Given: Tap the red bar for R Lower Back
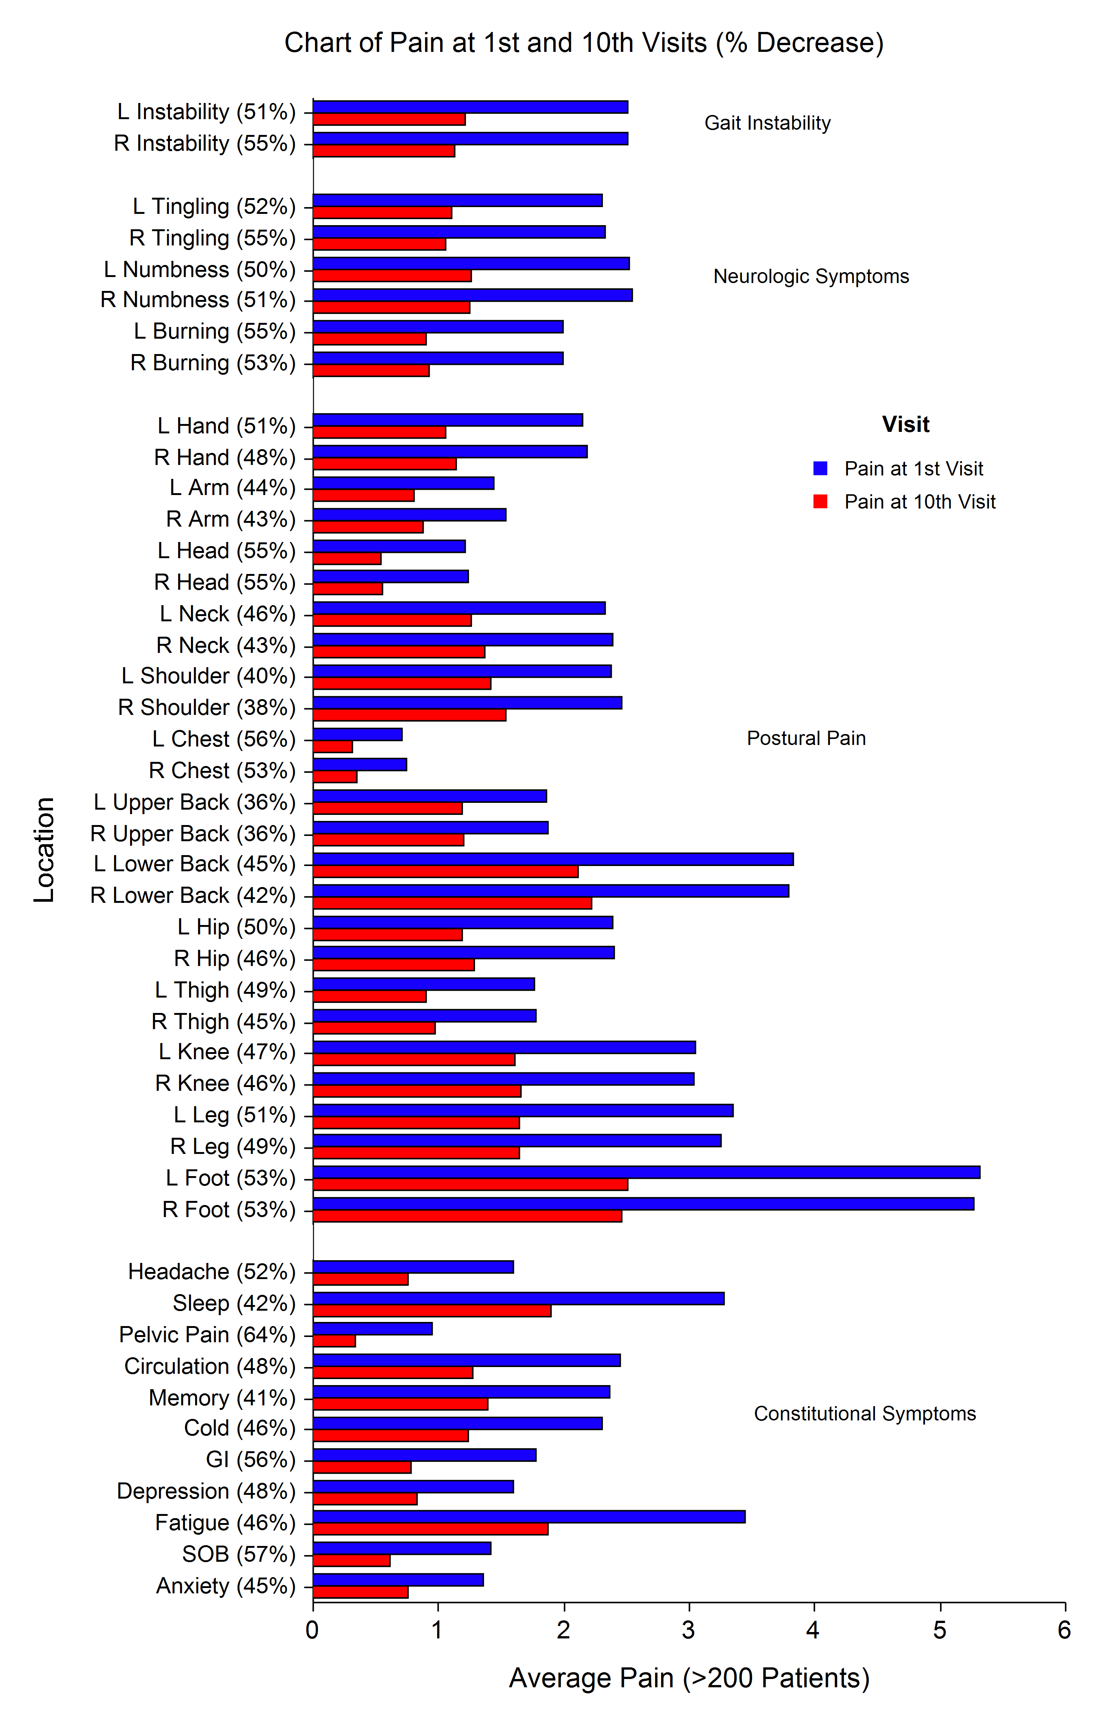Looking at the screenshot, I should (x=453, y=903).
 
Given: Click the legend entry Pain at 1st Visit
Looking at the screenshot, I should (x=913, y=469).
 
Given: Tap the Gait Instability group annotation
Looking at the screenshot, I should (x=767, y=123).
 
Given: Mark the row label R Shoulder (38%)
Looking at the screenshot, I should (x=207, y=707).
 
